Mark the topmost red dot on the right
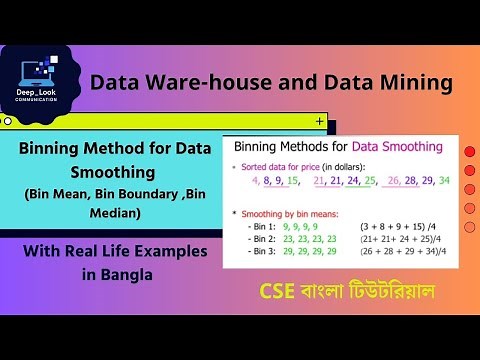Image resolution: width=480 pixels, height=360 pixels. (470, 154)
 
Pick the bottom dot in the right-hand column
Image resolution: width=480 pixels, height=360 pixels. (470, 228)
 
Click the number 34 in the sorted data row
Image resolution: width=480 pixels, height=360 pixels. (444, 181)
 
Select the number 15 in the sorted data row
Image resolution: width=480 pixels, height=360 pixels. (293, 181)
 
